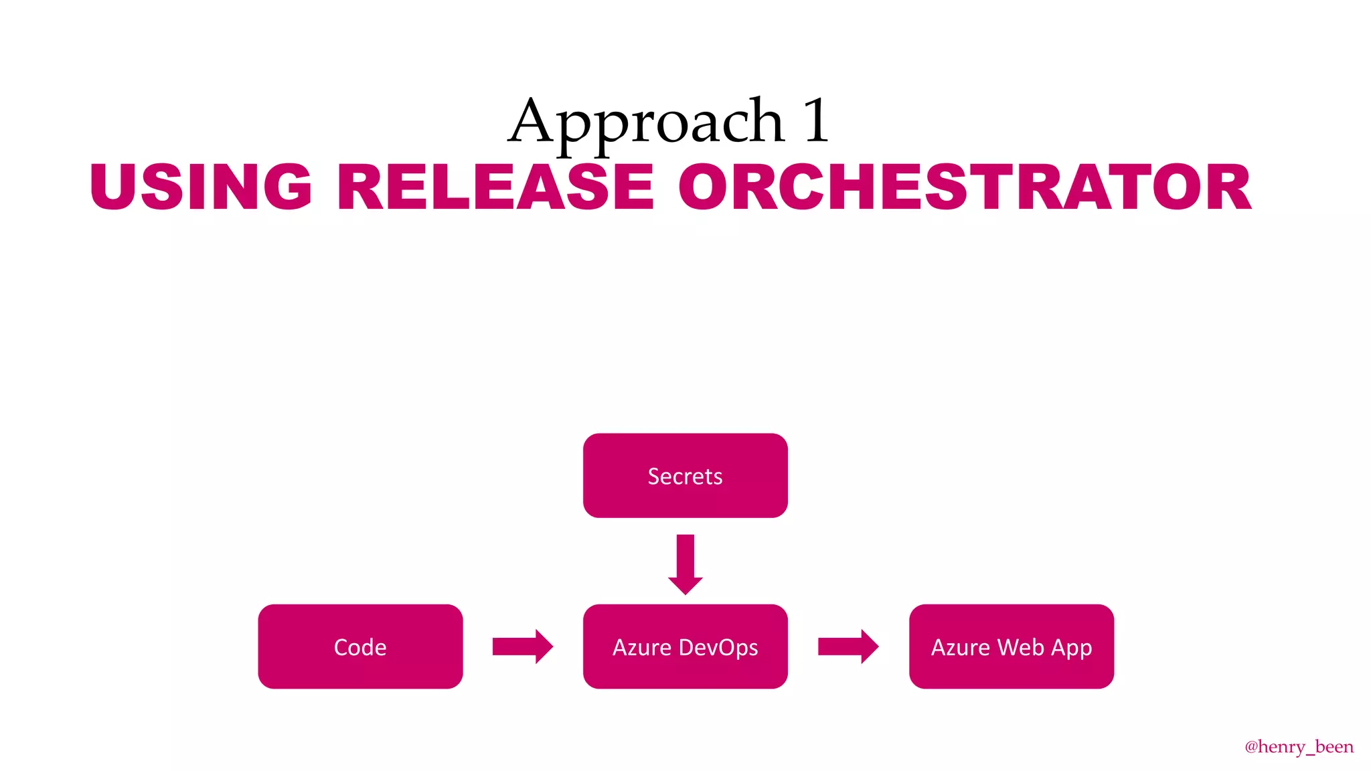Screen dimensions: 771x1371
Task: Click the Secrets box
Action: (685, 476)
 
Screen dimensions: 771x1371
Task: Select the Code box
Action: (360, 647)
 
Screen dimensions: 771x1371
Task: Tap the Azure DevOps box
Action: (685, 647)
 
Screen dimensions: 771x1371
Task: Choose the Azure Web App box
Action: (1011, 647)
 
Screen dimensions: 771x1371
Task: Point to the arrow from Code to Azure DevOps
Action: (522, 647)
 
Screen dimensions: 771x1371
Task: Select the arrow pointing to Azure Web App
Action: (848, 647)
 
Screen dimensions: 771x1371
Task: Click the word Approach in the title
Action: (646, 122)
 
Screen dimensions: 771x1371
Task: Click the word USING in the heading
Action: (201, 187)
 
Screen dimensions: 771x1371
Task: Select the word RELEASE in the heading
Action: (495, 187)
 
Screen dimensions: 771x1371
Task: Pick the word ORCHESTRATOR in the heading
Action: (964, 187)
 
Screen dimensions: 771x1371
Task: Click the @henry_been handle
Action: (1299, 746)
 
